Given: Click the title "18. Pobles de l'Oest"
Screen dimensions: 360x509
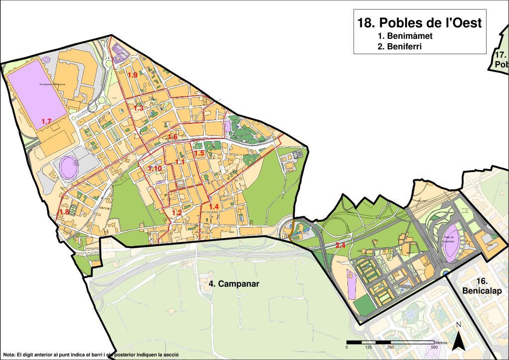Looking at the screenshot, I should [x=419, y=23].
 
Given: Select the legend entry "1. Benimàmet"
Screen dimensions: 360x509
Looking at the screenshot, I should [x=405, y=36].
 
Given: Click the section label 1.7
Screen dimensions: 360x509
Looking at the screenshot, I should [x=47, y=121].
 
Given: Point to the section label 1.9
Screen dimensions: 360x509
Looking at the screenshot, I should [x=132, y=75].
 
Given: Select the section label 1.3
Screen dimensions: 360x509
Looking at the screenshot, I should [x=138, y=108].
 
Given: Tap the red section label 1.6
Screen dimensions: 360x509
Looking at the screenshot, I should [x=172, y=137].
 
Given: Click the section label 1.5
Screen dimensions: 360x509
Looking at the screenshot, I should [x=199, y=154].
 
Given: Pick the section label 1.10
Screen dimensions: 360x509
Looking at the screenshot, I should [x=155, y=169].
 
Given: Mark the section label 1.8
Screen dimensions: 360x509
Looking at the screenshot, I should [x=64, y=212].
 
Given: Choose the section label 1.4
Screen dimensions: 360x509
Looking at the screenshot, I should [x=214, y=206].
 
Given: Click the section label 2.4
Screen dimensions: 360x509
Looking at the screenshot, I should [x=340, y=245].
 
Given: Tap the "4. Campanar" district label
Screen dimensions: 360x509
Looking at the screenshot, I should [x=234, y=284].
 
